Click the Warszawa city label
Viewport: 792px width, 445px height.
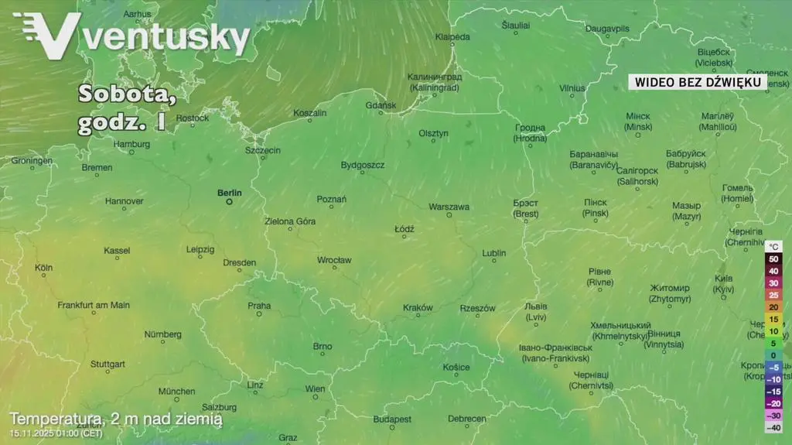pyautogui.click(x=449, y=207)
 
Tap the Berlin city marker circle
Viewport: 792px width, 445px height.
pyautogui.click(x=229, y=201)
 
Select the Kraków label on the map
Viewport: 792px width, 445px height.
pyautogui.click(x=418, y=308)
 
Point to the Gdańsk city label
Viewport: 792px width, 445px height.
pyautogui.click(x=381, y=105)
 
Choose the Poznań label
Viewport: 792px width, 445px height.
pyautogui.click(x=332, y=200)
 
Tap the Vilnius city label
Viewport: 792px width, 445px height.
pyautogui.click(x=572, y=88)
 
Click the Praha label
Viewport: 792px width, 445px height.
pyautogui.click(x=259, y=306)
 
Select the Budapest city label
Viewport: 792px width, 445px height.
pyautogui.click(x=392, y=419)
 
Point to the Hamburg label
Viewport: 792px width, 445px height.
pyautogui.click(x=131, y=144)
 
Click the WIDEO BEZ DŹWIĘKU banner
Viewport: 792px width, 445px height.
pyautogui.click(x=698, y=82)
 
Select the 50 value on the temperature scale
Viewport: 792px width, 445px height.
pyautogui.click(x=773, y=259)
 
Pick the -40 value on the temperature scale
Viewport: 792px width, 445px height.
pyautogui.click(x=773, y=427)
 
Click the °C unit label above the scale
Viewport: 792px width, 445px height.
pyautogui.click(x=775, y=246)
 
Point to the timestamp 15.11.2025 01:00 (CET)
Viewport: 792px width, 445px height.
pyautogui.click(x=56, y=433)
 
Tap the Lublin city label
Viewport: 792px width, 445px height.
pyautogui.click(x=494, y=253)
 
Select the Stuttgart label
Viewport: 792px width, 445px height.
pyautogui.click(x=108, y=364)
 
